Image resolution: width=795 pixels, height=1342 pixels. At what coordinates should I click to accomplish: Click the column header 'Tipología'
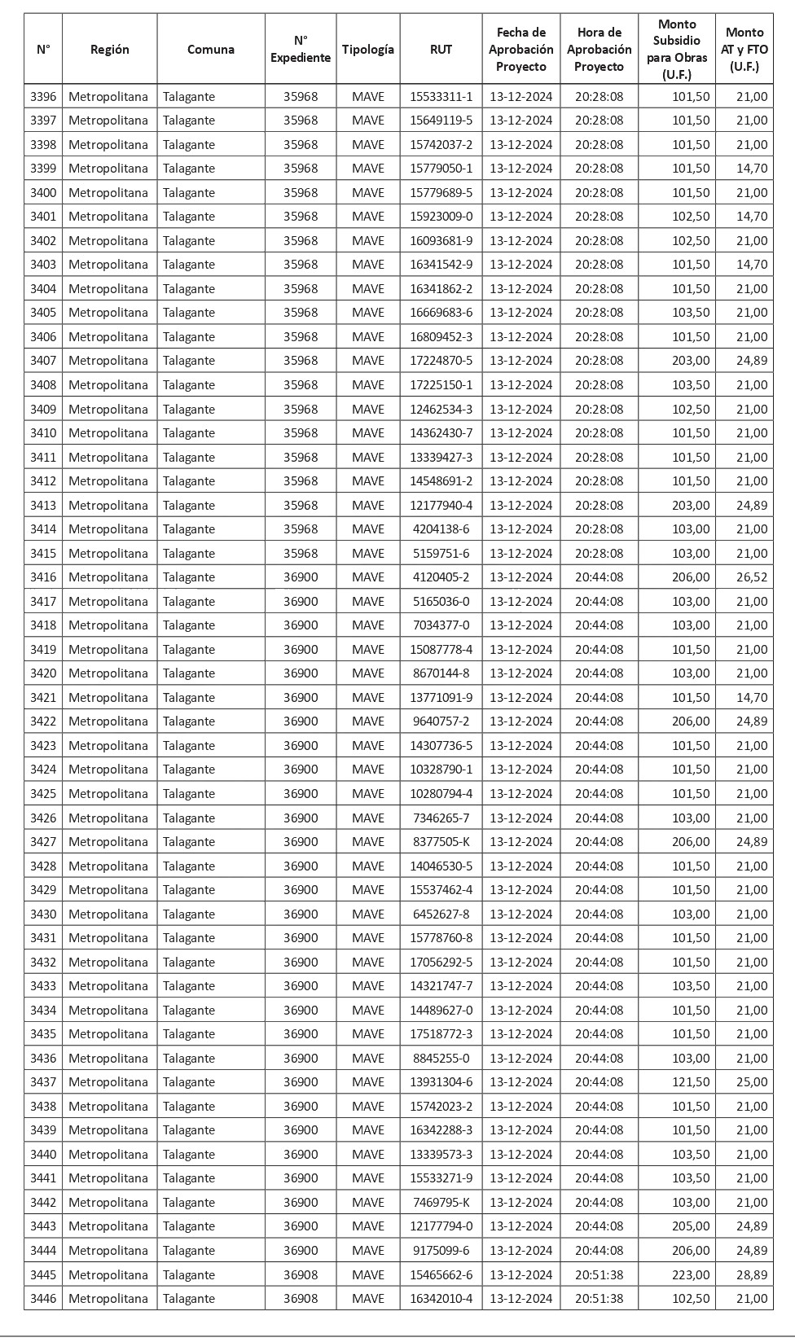(x=368, y=49)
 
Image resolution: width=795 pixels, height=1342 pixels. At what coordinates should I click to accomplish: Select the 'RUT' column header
(x=441, y=49)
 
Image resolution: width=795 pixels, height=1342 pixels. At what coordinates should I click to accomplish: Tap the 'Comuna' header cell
(x=211, y=49)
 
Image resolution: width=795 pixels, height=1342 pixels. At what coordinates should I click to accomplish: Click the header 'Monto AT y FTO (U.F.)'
(x=744, y=49)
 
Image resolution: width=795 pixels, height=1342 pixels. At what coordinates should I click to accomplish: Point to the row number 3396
(x=43, y=97)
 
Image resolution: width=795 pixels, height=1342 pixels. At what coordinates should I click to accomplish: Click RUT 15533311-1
(x=441, y=97)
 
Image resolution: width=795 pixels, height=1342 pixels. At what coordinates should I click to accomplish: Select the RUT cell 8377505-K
(x=441, y=842)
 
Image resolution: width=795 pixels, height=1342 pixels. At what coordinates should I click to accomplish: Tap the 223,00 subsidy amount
(x=690, y=1274)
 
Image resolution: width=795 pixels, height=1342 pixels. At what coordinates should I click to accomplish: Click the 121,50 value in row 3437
(x=690, y=1082)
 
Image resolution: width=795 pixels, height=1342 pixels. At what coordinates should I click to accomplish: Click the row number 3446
(x=43, y=1299)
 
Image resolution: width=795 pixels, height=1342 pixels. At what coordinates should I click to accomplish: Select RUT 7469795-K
(x=441, y=1203)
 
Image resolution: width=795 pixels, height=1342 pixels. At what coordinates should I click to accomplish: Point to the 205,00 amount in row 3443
(x=690, y=1226)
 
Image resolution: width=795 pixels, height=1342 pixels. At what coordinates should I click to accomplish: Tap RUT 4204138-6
(x=441, y=529)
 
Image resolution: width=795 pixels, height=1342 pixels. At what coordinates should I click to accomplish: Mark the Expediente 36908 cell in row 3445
(x=301, y=1274)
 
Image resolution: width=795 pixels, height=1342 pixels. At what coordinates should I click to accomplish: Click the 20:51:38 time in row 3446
(x=599, y=1299)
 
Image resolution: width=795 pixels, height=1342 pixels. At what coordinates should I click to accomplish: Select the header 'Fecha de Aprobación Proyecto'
(x=521, y=49)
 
